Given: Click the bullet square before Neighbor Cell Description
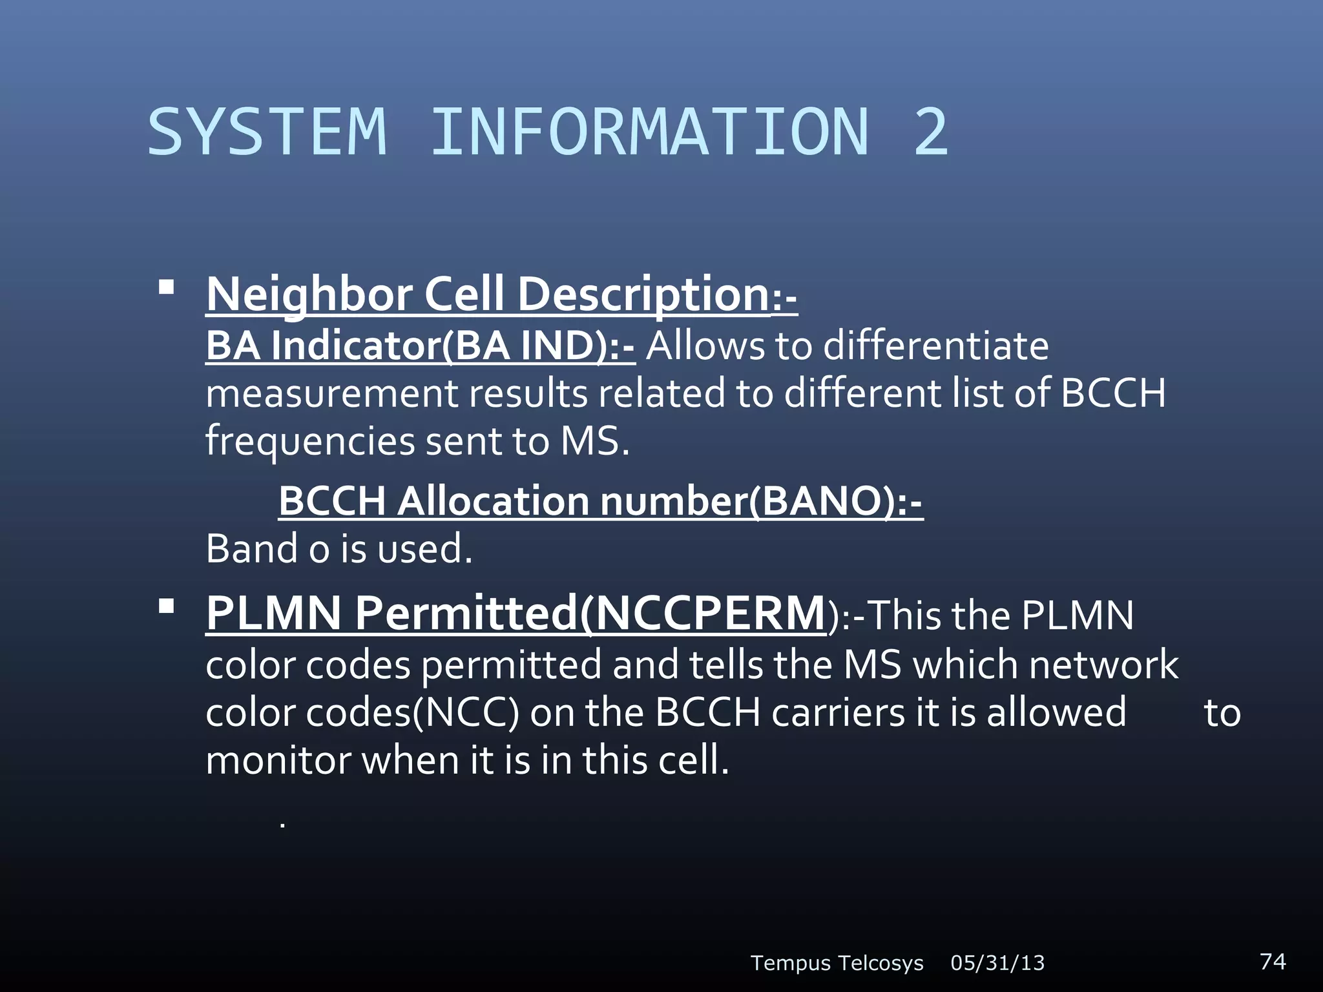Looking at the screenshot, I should pyautogui.click(x=167, y=287).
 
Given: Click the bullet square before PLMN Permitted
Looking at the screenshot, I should pyautogui.click(x=167, y=606).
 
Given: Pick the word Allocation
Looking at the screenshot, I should pyautogui.click(x=493, y=501).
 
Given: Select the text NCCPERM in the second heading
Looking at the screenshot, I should pyautogui.click(x=709, y=613).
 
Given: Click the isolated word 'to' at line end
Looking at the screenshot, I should pyautogui.click(x=1222, y=714).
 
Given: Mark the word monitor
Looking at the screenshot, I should pyautogui.click(x=278, y=760).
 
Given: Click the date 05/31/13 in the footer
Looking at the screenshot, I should pyautogui.click(x=997, y=963).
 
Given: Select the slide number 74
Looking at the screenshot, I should pyautogui.click(x=1273, y=961).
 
